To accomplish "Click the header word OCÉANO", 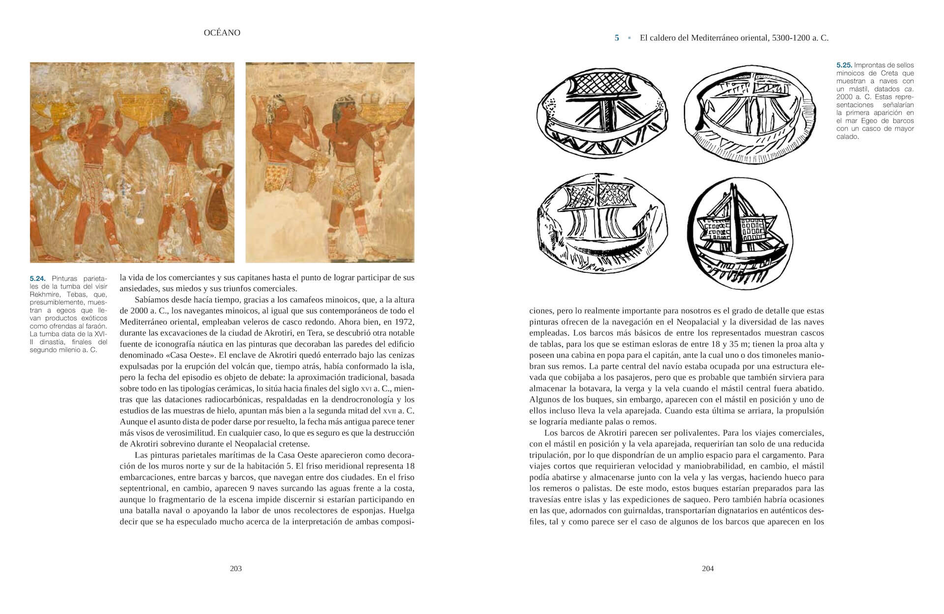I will (222, 33).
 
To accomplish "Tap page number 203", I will (236, 569).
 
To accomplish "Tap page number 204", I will (708, 569).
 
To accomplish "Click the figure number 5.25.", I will (844, 65).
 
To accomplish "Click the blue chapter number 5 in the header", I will (617, 38).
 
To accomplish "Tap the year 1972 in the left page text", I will (404, 322).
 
